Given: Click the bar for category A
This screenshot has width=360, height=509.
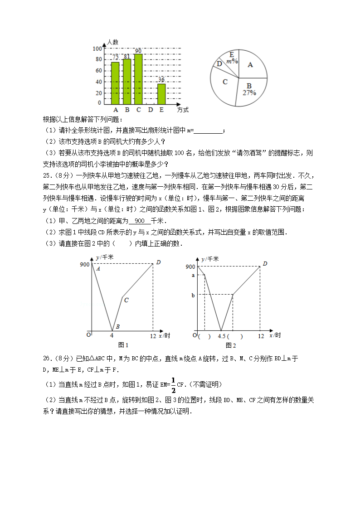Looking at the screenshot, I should pyautogui.click(x=115, y=83).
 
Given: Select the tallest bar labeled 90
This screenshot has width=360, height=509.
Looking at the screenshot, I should pyautogui.click(x=138, y=79).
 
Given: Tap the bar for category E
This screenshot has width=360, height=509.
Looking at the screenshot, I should pyautogui.click(x=161, y=94).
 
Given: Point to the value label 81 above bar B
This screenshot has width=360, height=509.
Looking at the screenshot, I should pyautogui.click(x=127, y=56).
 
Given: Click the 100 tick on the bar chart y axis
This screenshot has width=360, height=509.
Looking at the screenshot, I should pyautogui.click(x=97, y=49).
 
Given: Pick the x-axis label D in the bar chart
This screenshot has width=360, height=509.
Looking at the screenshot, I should pyautogui.click(x=150, y=110).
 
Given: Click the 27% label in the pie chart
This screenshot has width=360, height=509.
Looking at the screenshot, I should pyautogui.click(x=249, y=92).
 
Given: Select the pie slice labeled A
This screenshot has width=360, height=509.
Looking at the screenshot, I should pyautogui.click(x=250, y=65).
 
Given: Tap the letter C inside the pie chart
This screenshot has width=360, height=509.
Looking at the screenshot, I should pyautogui.click(x=225, y=82).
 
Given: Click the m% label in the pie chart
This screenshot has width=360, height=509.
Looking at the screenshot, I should pyautogui.click(x=232, y=61).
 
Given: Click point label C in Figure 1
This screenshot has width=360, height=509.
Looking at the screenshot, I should pyautogui.click(x=126, y=300).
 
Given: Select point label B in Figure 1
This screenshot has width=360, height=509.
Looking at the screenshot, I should pyautogui.click(x=117, y=326).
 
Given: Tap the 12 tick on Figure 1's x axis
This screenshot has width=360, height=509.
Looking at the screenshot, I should pyautogui.click(x=153, y=335).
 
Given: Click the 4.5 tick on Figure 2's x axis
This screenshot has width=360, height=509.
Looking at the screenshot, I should pyautogui.click(x=222, y=336).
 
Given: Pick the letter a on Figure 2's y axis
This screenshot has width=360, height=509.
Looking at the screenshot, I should pyautogui.click(x=193, y=275).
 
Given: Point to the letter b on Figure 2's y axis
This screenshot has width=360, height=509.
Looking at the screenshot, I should pyautogui.click(x=193, y=295).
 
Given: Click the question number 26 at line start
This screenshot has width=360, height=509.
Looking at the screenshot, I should pyautogui.click(x=47, y=359).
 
